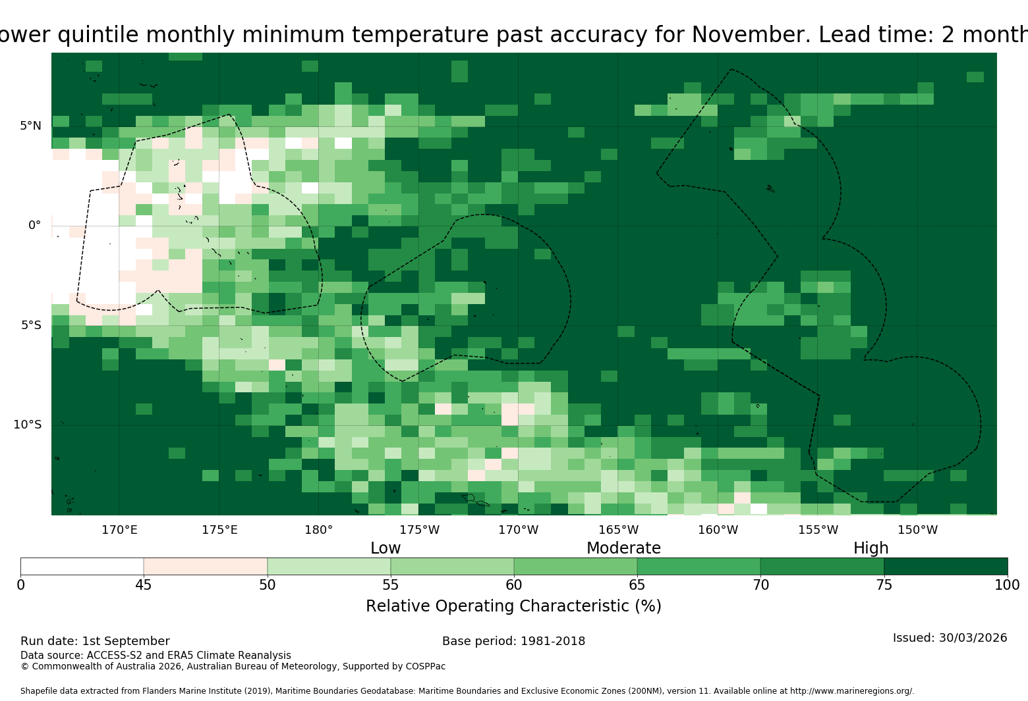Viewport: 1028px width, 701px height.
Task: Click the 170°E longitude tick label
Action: click(119, 530)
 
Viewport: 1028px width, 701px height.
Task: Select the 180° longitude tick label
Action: click(318, 530)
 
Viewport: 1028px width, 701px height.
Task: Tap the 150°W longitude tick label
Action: click(917, 530)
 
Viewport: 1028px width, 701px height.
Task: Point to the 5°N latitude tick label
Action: click(30, 126)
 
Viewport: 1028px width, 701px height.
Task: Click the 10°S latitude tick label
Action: click(28, 425)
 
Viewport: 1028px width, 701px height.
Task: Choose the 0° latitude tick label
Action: click(34, 225)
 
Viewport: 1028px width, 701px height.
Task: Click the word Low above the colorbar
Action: click(385, 548)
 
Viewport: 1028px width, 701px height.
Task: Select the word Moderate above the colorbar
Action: click(623, 548)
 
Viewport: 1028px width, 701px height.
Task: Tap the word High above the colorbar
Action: click(871, 548)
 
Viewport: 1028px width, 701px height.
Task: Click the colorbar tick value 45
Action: click(144, 585)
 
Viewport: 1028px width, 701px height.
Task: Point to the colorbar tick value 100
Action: click(1008, 585)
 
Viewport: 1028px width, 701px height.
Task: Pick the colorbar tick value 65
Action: click(637, 585)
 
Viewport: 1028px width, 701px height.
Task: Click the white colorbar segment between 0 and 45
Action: click(82, 566)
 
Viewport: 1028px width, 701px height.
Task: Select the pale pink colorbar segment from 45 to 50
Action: click(206, 566)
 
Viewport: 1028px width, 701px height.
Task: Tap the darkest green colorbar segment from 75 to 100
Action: click(946, 566)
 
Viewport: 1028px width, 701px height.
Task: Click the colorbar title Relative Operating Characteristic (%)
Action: click(513, 606)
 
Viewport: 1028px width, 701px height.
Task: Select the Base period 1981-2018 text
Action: click(513, 641)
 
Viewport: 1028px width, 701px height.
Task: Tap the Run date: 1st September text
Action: click(95, 641)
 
